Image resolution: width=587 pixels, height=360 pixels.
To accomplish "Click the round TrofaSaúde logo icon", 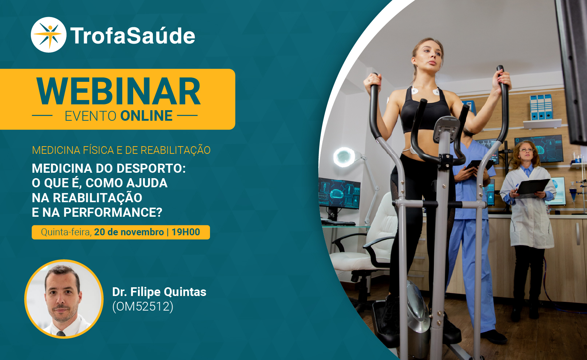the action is click(x=49, y=35).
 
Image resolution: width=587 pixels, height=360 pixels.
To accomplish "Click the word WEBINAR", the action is click(x=118, y=91).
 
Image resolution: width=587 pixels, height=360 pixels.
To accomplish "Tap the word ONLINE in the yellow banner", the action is click(x=146, y=116).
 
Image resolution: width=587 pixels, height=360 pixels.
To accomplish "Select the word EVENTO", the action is click(x=90, y=116).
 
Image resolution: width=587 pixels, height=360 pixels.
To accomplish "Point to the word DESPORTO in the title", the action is click(x=151, y=168).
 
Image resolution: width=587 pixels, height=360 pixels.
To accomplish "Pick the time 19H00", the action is click(x=186, y=232).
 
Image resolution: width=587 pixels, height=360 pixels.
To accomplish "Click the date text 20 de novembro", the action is click(x=129, y=232).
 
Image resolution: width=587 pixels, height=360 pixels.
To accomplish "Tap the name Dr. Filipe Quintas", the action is click(x=159, y=292).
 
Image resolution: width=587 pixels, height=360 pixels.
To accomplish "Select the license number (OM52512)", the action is click(x=143, y=306).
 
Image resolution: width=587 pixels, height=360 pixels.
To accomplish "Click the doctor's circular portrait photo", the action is click(x=64, y=299).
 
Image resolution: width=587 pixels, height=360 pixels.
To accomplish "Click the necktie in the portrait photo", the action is click(x=61, y=334).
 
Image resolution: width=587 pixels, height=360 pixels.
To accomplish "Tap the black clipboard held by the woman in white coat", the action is click(x=532, y=188).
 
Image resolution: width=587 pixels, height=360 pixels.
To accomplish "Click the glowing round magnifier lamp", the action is click(x=344, y=157).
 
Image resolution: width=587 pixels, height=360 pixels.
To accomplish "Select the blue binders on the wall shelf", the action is click(x=541, y=107).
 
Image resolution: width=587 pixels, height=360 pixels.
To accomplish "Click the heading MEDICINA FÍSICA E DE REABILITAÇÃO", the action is click(x=121, y=150).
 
